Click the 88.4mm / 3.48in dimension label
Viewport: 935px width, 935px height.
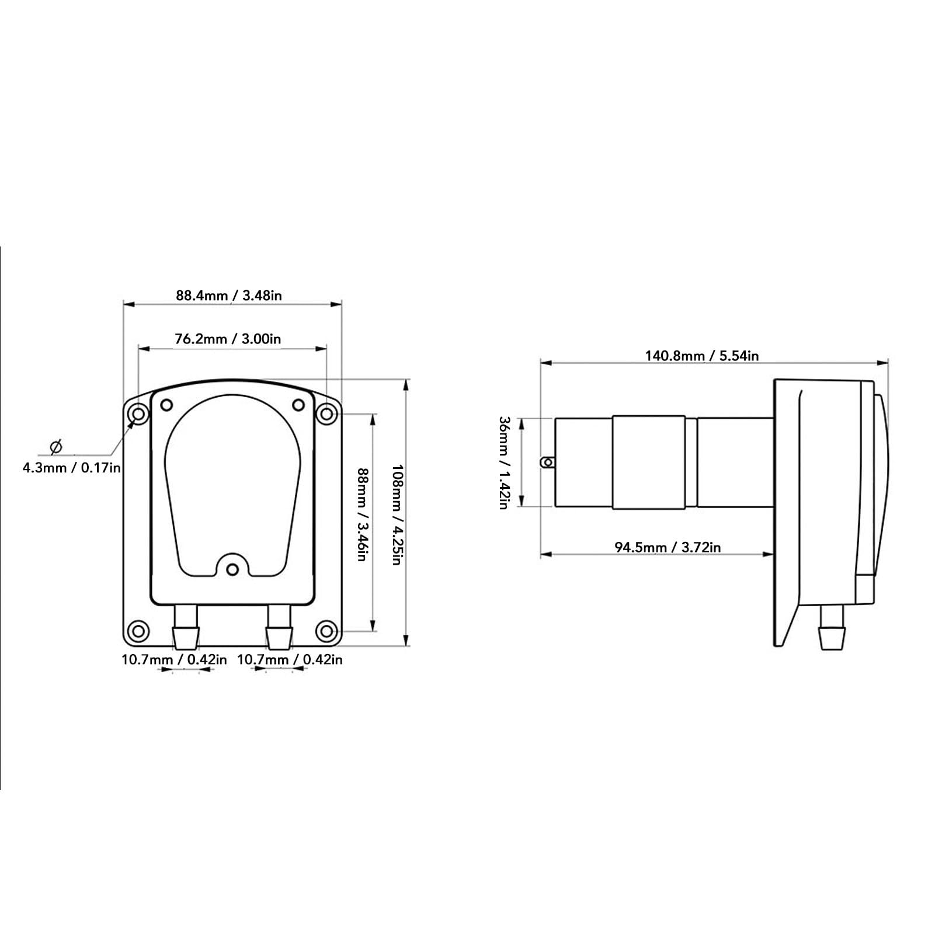(229, 296)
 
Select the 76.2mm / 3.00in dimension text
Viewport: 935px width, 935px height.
(228, 339)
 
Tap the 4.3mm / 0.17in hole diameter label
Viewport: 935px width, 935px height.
(72, 467)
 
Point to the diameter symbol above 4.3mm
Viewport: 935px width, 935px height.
(56, 447)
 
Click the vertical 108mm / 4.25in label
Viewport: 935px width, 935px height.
(397, 515)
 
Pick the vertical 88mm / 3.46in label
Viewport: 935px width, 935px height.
(362, 515)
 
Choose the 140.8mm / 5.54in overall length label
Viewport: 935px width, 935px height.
(702, 356)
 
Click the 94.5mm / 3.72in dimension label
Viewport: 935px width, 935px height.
(668, 547)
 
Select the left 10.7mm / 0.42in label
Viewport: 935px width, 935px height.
(174, 660)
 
